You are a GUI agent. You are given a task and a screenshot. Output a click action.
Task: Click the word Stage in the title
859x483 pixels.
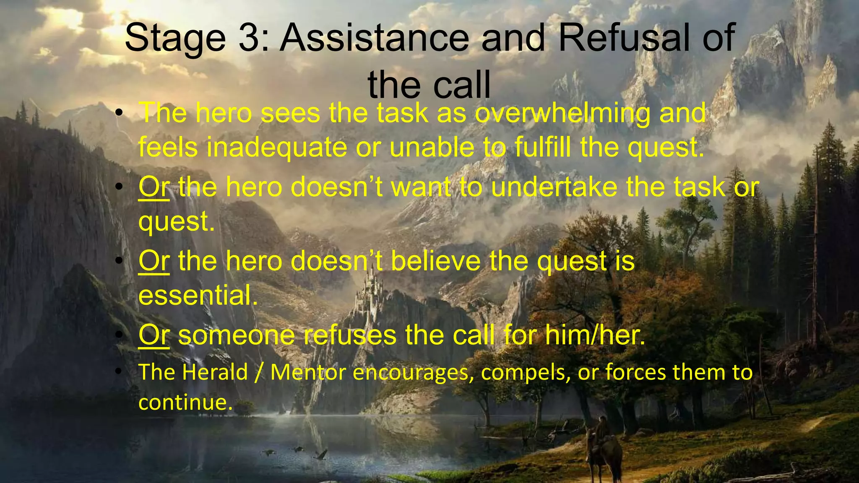coord(175,39)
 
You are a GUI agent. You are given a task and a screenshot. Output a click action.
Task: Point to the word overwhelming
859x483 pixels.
coord(562,114)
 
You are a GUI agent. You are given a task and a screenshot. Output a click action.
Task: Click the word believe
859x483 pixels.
coord(436,261)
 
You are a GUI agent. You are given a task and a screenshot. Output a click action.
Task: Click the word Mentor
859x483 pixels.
coord(309,372)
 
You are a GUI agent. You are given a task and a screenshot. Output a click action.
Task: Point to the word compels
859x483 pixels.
coord(526,372)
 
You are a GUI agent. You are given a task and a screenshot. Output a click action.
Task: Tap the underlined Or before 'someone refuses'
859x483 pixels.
coord(154,335)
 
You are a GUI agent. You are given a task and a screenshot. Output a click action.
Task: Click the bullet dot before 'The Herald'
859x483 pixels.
coord(119,371)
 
